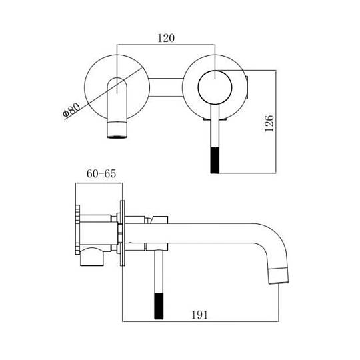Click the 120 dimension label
pyautogui.click(x=166, y=38)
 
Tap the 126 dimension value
pyautogui.click(x=269, y=123)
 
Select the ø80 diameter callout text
pyautogui.click(x=71, y=111)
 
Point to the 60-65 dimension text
pyautogui.click(x=101, y=173)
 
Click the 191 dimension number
pyautogui.click(x=199, y=315)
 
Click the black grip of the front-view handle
pyautogui.click(x=215, y=160)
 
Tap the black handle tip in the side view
pyautogui.click(x=159, y=306)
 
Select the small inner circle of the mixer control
pyautogui.click(x=215, y=87)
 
